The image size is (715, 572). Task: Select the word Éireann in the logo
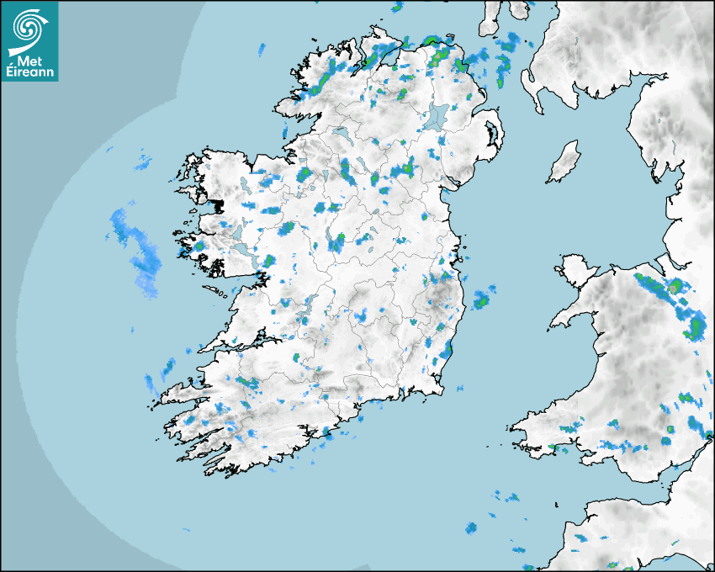tap(29, 73)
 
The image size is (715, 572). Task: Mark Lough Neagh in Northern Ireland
tap(437, 116)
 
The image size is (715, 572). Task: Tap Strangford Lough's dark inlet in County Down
tap(490, 135)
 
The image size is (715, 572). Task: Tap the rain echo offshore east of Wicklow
tap(483, 299)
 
